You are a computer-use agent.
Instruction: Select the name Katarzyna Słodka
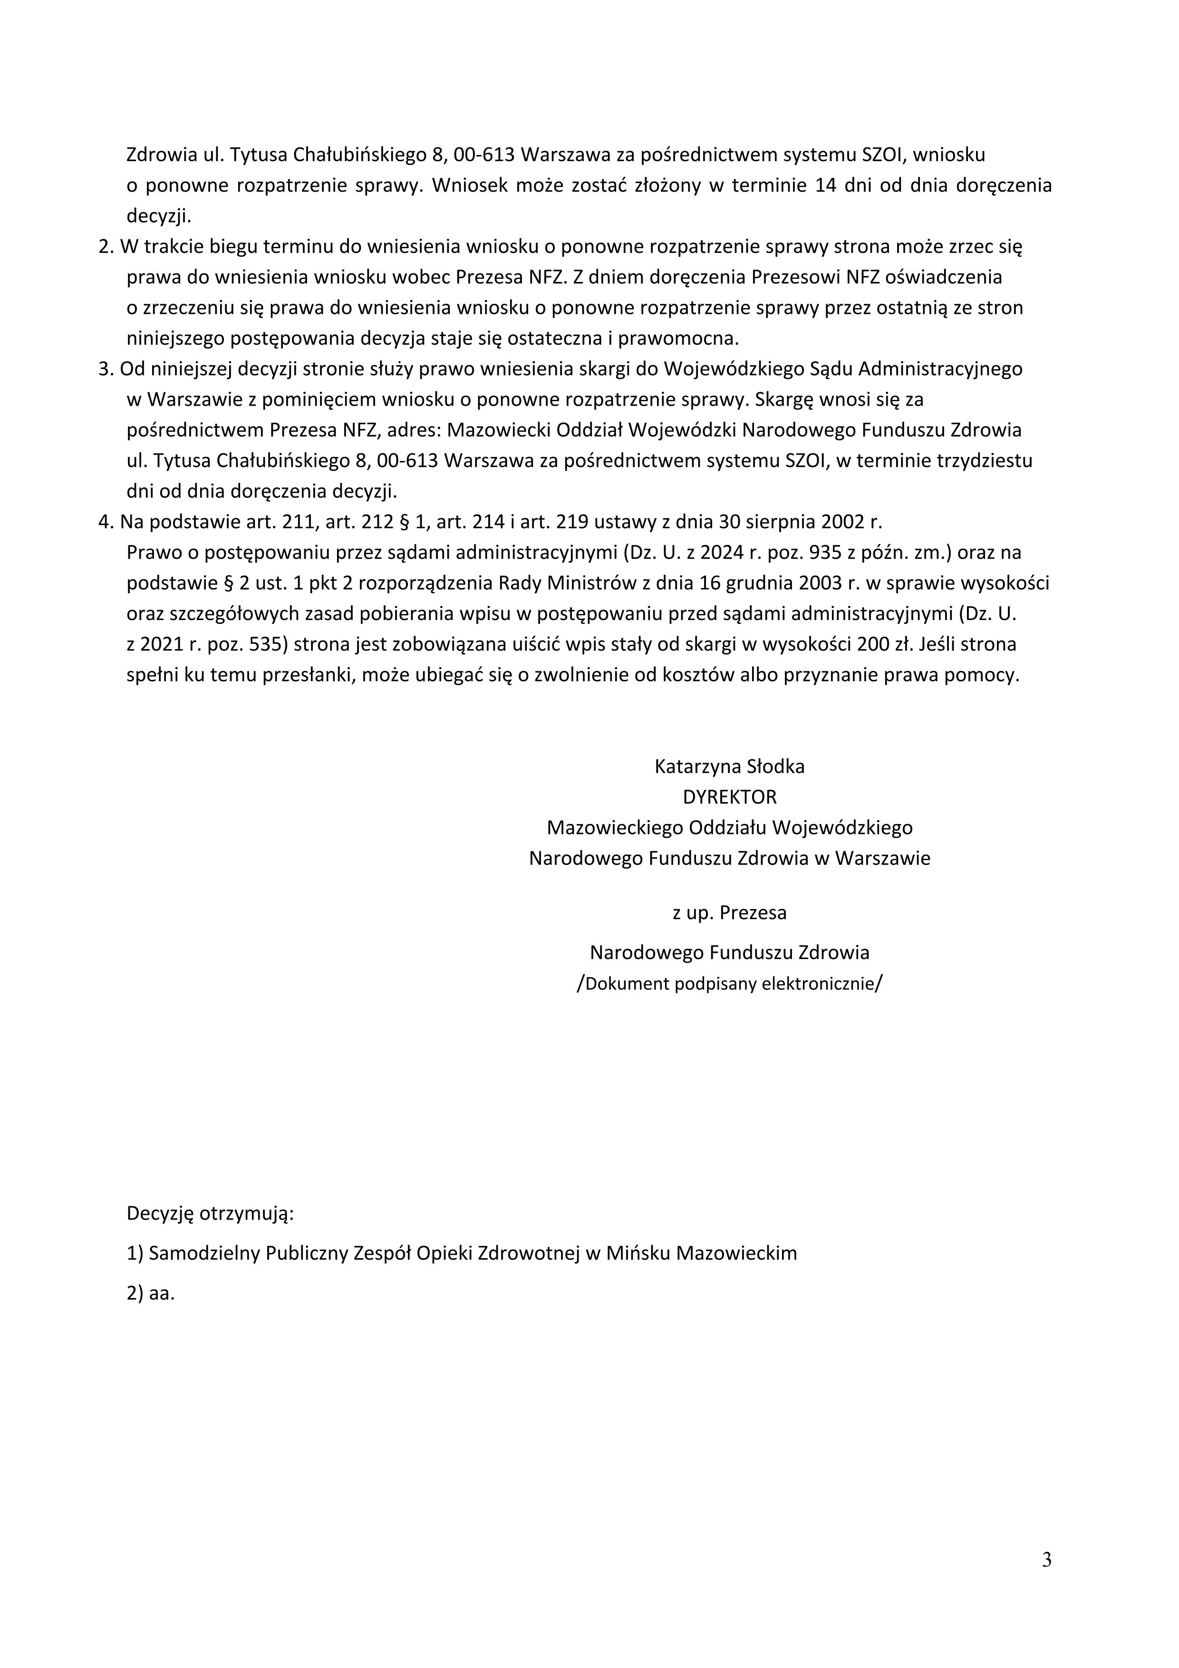coord(729,766)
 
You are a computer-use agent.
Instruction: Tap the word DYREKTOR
coord(729,797)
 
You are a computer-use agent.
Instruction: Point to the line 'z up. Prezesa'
coord(729,912)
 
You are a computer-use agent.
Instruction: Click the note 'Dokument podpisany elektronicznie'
coord(729,984)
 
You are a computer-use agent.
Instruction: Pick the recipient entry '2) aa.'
coord(151,1293)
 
